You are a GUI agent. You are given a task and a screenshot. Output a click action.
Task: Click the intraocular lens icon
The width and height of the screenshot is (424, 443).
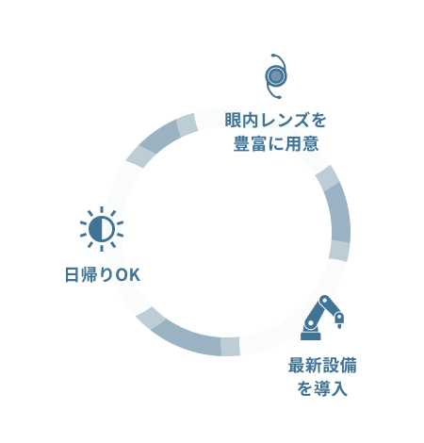276,76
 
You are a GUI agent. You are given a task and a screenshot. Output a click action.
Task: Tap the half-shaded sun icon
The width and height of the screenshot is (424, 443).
102,229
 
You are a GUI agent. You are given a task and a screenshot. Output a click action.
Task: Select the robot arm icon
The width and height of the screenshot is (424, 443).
322,318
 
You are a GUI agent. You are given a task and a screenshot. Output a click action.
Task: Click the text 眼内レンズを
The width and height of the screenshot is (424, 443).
275,121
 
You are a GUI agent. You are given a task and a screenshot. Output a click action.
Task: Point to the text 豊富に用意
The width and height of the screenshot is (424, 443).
276,144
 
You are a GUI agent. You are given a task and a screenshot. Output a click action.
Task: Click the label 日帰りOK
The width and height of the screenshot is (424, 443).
102,275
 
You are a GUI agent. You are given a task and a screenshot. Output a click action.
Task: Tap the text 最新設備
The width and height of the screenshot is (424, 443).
322,365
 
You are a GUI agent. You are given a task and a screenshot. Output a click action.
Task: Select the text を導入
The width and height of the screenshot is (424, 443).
322,388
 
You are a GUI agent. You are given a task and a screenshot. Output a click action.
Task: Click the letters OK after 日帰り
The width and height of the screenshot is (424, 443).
127,275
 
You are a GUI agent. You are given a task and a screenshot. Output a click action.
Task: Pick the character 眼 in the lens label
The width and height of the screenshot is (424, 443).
233,121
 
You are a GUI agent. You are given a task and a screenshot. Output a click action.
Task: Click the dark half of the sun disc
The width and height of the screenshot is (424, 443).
95,229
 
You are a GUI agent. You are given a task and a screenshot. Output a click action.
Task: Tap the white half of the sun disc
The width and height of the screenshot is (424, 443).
107,229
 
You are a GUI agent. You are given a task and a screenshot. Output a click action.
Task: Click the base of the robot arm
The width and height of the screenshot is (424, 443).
311,336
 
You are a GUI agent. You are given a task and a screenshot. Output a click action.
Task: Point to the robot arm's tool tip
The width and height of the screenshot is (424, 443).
339,326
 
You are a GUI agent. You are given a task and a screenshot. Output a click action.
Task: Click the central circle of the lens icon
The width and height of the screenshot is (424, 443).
276,76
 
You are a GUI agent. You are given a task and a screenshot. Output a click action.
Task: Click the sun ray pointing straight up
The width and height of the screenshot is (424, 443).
102,209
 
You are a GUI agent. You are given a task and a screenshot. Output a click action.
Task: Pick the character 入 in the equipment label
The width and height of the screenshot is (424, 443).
339,388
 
